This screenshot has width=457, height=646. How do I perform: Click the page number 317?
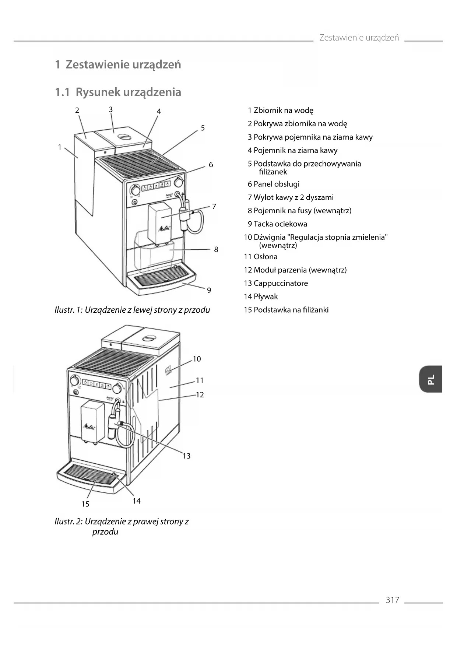[x=392, y=600]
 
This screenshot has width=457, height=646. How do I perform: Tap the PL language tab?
[x=430, y=379]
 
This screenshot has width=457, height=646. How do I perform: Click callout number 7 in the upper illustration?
[x=214, y=207]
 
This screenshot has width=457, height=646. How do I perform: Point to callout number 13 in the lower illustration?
[x=187, y=456]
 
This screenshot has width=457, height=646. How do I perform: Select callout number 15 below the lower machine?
[x=85, y=504]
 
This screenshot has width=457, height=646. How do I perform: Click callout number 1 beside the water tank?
[x=60, y=147]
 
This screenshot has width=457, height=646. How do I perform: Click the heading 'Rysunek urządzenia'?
[x=128, y=92]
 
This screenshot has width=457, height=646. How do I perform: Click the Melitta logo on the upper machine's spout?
[x=164, y=229]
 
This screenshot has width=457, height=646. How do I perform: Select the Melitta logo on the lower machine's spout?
[x=89, y=427]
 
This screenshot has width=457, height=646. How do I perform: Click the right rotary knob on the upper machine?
[x=179, y=182]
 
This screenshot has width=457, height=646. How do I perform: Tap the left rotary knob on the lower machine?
[x=74, y=380]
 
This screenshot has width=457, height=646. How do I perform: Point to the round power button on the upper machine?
[x=134, y=202]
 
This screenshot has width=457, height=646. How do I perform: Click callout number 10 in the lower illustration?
[x=197, y=359]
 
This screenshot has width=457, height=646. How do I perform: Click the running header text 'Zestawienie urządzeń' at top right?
[x=359, y=38]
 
